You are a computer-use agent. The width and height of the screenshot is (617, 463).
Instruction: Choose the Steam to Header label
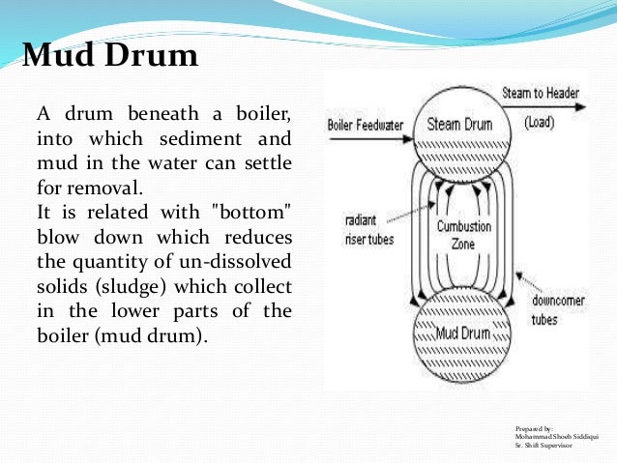pos(541,94)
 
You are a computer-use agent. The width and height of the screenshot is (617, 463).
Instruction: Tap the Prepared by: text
pos(536,427)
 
